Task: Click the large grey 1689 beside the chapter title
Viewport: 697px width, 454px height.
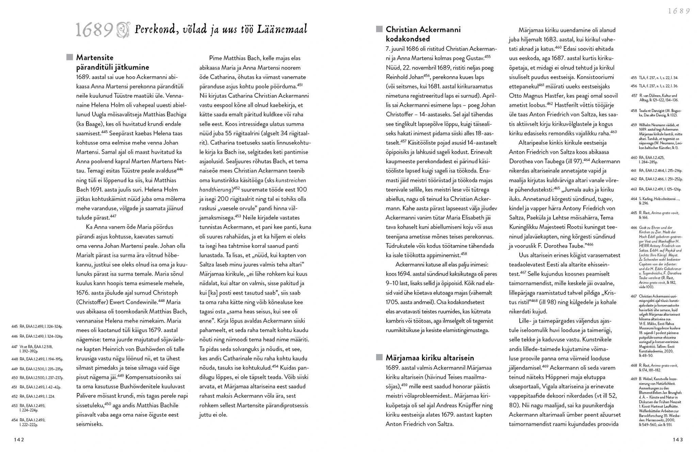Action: pyautogui.click(x=94, y=30)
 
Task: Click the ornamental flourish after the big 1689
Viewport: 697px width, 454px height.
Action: pyautogui.click(x=123, y=30)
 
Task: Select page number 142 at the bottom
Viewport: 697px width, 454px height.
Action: pyautogui.click(x=19, y=440)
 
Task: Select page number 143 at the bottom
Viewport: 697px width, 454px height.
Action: pyautogui.click(x=678, y=440)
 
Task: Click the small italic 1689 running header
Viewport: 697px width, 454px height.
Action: pyautogui.click(x=679, y=11)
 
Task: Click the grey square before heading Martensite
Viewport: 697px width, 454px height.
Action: pyautogui.click(x=70, y=57)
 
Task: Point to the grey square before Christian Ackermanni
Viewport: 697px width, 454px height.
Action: pyautogui.click(x=379, y=29)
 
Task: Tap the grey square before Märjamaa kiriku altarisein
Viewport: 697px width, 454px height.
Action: pyautogui.click(x=379, y=357)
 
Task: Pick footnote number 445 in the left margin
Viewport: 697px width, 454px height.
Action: pyautogui.click(x=14, y=326)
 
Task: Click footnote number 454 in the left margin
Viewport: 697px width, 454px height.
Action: pyautogui.click(x=14, y=420)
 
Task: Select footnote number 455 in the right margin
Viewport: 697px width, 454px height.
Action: pyautogui.click(x=634, y=78)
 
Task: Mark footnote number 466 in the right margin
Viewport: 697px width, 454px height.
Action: pyautogui.click(x=634, y=228)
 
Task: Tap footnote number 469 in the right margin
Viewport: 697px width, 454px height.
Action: pyautogui.click(x=634, y=379)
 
